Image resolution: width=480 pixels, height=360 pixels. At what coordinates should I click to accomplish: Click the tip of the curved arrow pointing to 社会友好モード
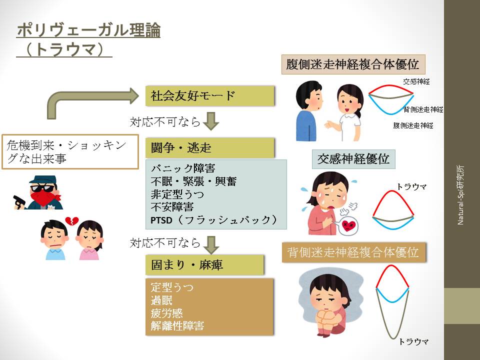click(x=139, y=96)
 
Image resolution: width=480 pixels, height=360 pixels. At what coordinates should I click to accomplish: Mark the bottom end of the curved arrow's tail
click(x=51, y=119)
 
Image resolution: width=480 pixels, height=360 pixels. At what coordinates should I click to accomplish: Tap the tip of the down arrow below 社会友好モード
click(x=211, y=130)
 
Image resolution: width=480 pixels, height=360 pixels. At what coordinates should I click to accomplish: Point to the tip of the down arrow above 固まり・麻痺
click(x=211, y=254)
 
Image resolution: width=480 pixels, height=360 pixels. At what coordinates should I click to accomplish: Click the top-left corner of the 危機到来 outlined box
click(x=2, y=134)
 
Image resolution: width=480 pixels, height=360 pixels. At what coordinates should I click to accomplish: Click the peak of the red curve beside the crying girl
click(x=392, y=190)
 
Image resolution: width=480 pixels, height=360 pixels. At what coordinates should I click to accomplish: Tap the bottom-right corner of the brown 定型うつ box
click(x=273, y=335)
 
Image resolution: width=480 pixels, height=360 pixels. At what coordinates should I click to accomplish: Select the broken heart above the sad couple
click(x=71, y=220)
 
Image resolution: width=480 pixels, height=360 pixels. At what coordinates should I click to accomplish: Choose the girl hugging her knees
click(x=330, y=304)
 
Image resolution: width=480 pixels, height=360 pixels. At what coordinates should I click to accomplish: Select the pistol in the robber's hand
click(x=19, y=202)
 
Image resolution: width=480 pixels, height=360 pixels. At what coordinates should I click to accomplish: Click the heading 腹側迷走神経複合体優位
click(x=353, y=64)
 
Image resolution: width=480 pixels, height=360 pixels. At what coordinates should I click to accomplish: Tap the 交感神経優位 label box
click(x=353, y=159)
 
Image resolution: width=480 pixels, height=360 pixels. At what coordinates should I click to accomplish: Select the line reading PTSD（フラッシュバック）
click(x=213, y=220)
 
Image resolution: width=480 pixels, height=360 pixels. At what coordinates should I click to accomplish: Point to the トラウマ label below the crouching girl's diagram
click(x=413, y=341)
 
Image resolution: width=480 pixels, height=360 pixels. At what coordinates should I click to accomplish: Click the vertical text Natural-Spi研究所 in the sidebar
click(x=460, y=195)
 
